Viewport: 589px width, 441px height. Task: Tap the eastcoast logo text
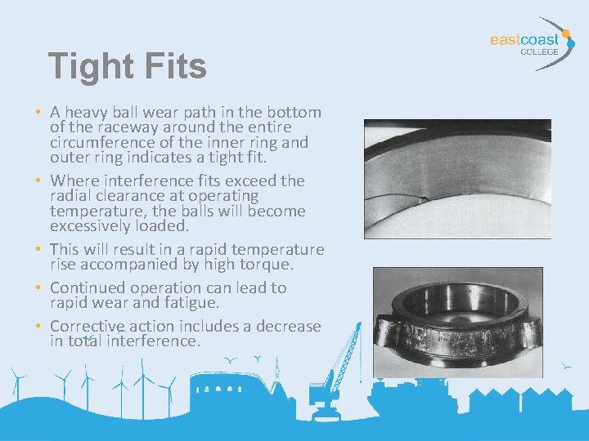(524, 39)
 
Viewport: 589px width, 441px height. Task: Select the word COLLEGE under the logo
(539, 51)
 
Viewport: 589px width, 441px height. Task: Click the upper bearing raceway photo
(457, 179)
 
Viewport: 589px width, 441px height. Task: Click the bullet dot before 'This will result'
(38, 250)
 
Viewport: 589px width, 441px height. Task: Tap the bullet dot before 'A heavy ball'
(38, 113)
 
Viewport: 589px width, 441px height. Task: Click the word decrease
(289, 326)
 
